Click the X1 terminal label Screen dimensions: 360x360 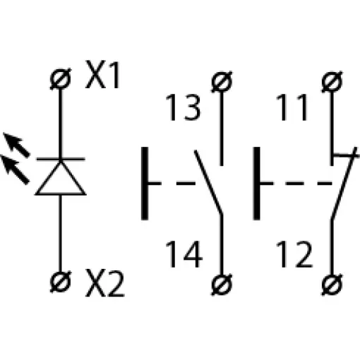[x=103, y=75]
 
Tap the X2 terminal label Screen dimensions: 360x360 [x=104, y=283]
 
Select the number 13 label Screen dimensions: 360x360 [x=183, y=107]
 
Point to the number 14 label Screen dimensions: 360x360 [x=184, y=254]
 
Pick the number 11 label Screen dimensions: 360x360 [x=292, y=107]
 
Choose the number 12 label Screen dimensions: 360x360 [x=294, y=254]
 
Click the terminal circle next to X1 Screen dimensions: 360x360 [x=61, y=79]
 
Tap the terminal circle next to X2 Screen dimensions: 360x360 [x=61, y=282]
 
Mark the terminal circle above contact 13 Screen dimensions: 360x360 [x=222, y=81]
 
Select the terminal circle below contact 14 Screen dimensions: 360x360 [x=222, y=284]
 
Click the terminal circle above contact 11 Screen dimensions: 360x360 [x=332, y=81]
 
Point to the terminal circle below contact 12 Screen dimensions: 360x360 [x=332, y=284]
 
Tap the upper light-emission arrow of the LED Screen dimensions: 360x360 [x=16, y=145]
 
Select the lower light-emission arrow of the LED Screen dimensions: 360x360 [x=15, y=169]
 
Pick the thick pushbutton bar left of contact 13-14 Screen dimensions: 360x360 [x=145, y=184]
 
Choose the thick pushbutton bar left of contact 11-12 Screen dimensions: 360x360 [x=256, y=184]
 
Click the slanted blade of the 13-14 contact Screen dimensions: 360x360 [x=208, y=182]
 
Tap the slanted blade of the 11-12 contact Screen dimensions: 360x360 [x=344, y=184]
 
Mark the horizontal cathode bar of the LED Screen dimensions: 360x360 [x=61, y=159]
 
